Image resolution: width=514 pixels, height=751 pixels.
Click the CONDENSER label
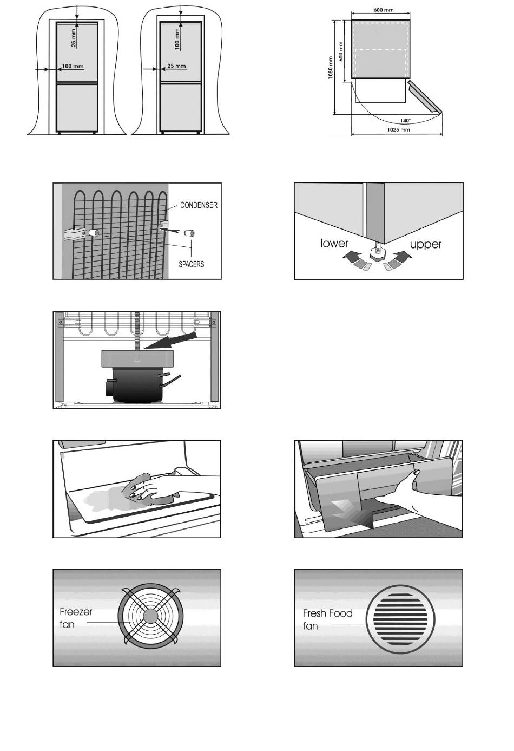tap(199, 205)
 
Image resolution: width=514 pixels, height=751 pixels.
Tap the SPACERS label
tap(191, 264)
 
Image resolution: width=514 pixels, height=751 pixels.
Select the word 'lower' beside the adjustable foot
tap(334, 243)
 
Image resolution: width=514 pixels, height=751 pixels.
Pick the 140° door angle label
tap(405, 120)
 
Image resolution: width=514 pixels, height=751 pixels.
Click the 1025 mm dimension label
tap(398, 130)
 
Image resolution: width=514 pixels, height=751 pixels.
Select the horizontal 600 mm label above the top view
tap(383, 10)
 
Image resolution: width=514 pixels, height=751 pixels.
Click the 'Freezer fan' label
tap(76, 618)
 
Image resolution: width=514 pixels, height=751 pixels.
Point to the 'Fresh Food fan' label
tap(327, 619)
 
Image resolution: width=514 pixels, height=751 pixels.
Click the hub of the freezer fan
tap(151, 616)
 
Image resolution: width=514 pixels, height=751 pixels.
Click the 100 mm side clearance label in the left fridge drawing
tap(73, 67)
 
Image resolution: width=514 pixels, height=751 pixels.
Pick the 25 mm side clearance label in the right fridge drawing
tap(176, 66)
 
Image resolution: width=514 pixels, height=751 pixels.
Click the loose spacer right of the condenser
tap(189, 233)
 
